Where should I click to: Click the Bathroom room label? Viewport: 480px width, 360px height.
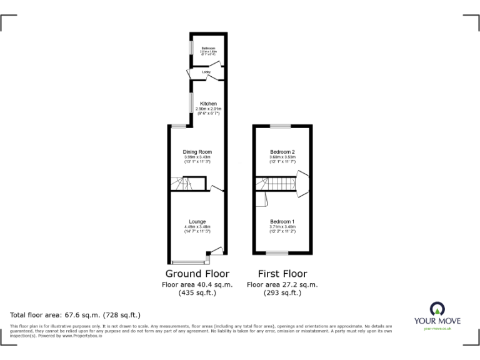pyautogui.click(x=208, y=48)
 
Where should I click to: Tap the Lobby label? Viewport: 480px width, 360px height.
pyautogui.click(x=206, y=73)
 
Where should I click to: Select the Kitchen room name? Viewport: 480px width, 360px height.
pyautogui.click(x=208, y=103)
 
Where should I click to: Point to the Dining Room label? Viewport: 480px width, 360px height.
pyautogui.click(x=197, y=152)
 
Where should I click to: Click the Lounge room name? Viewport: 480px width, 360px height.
pyautogui.click(x=197, y=221)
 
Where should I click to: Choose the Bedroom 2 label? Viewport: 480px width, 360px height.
pyautogui.click(x=282, y=152)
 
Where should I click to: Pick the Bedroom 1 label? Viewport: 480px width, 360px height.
pyautogui.click(x=282, y=221)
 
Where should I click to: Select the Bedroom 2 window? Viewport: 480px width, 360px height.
pyautogui.click(x=281, y=126)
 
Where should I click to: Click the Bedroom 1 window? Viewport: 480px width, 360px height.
pyautogui.click(x=277, y=253)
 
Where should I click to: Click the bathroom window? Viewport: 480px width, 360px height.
pyautogui.click(x=191, y=48)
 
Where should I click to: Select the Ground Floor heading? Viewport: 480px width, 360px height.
pyautogui.click(x=197, y=274)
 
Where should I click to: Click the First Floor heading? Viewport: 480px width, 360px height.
pyautogui.click(x=282, y=274)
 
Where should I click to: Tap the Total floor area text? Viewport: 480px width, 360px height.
pyautogui.click(x=75, y=315)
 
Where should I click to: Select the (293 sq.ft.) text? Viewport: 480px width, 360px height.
pyautogui.click(x=282, y=292)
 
